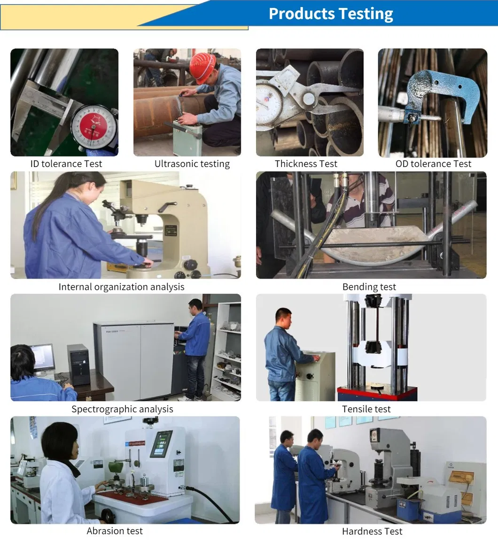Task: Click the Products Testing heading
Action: pyautogui.click(x=331, y=14)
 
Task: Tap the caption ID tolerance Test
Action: pyautogui.click(x=66, y=164)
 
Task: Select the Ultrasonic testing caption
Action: pyautogui.click(x=192, y=164)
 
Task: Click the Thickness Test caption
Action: pyautogui.click(x=306, y=164)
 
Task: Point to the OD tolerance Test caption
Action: pyautogui.click(x=433, y=164)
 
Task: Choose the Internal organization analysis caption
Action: pyautogui.click(x=121, y=287)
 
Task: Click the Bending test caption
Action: pyautogui.click(x=369, y=287)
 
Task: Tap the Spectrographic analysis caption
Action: pyautogui.click(x=122, y=409)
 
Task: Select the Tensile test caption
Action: pyautogui.click(x=366, y=409)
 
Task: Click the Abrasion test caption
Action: pyautogui.click(x=115, y=531)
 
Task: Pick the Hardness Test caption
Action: pyautogui.click(x=372, y=531)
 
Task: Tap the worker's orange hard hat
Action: pyautogui.click(x=202, y=67)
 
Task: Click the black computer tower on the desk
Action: pyautogui.click(x=78, y=365)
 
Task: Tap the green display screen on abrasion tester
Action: pyautogui.click(x=161, y=443)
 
